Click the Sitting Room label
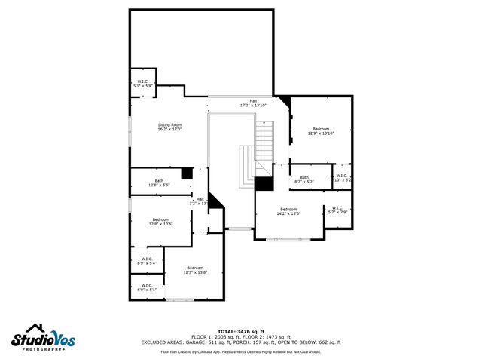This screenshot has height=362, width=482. click(x=169, y=127)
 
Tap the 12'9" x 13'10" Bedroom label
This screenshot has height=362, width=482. click(x=321, y=131)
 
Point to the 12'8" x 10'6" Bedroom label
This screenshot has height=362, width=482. click(x=160, y=222)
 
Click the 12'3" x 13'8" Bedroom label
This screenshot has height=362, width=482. click(x=195, y=270)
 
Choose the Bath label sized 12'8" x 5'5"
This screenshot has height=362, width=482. click(x=159, y=183)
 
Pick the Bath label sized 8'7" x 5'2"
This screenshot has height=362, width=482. click(x=304, y=179)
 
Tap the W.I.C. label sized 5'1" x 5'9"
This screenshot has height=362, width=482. click(x=142, y=84)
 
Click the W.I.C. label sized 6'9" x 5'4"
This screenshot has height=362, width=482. click(x=146, y=261)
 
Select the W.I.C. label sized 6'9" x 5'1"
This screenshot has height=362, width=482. click(x=146, y=287)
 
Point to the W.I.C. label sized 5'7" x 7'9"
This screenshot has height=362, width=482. click(x=337, y=210)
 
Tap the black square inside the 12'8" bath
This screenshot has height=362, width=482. click(x=186, y=173)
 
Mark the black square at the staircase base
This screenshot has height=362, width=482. click(x=264, y=183)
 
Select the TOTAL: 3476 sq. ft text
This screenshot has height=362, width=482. click(x=241, y=331)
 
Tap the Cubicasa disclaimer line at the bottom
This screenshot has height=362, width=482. click(x=241, y=351)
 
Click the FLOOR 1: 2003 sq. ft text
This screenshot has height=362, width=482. click(x=215, y=336)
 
